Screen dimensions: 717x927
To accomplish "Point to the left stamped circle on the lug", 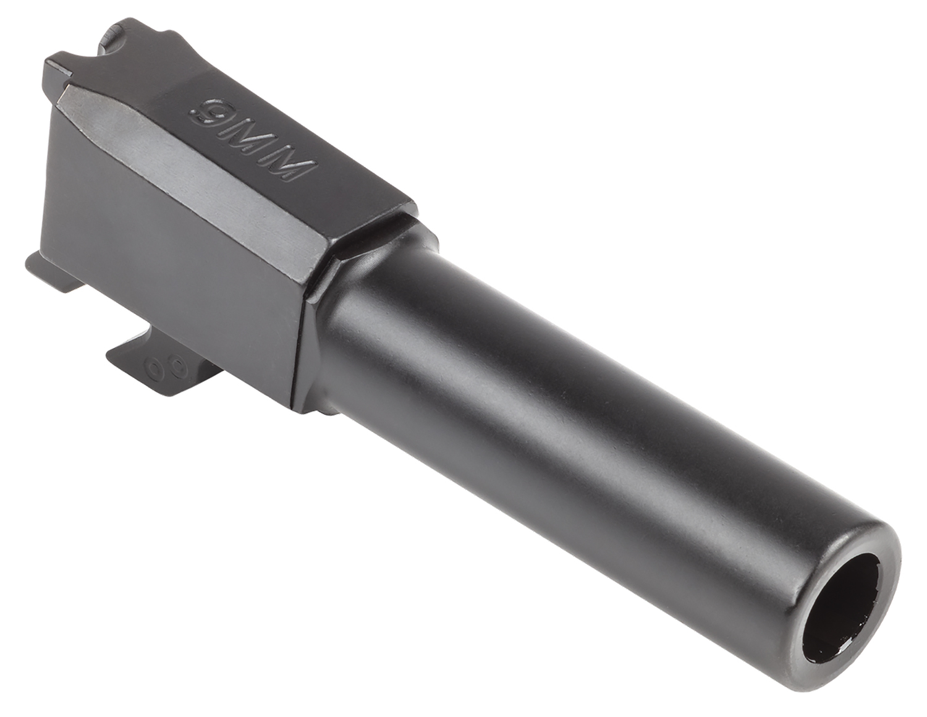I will pyautogui.click(x=154, y=370).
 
